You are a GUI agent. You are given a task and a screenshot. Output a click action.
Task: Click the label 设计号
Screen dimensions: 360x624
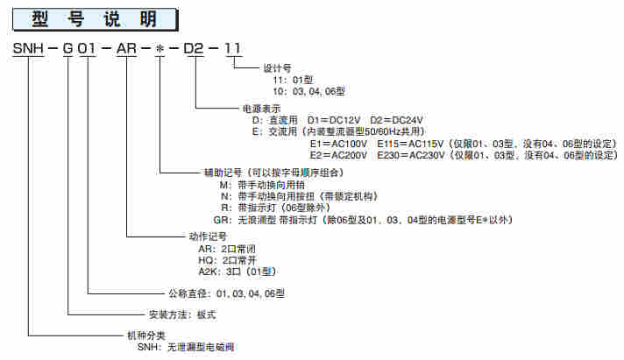pos(276,67)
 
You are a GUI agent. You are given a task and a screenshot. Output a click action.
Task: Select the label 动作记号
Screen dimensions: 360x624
pos(207,236)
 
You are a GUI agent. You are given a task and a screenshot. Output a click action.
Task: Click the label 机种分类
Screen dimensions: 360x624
pos(144,336)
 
